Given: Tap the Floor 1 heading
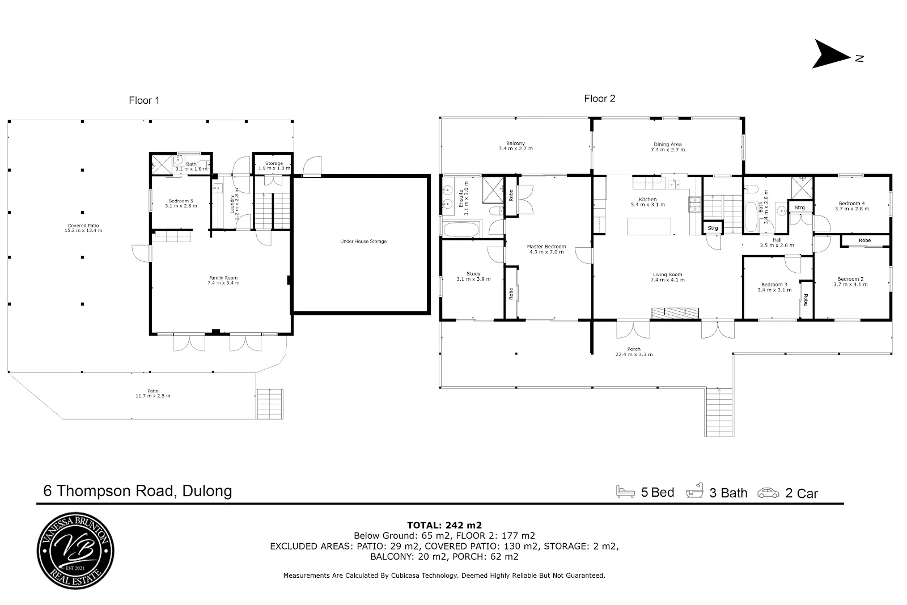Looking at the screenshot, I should pyautogui.click(x=144, y=100).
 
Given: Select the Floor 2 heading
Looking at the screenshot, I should pyautogui.click(x=599, y=99).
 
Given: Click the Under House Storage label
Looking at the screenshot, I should pyautogui.click(x=363, y=242).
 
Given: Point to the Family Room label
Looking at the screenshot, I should pyautogui.click(x=223, y=278).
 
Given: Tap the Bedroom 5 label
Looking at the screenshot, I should pyautogui.click(x=181, y=201).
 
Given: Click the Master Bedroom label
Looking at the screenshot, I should pyautogui.click(x=546, y=247).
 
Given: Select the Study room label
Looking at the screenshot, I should pyautogui.click(x=473, y=274).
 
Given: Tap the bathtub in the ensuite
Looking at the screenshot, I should pyautogui.click(x=461, y=230).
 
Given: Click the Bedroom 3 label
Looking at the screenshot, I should pyautogui.click(x=774, y=285).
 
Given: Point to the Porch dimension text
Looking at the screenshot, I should pyautogui.click(x=634, y=355).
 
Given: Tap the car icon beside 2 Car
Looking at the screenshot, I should pyautogui.click(x=769, y=492).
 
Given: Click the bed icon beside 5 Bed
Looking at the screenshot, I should pyautogui.click(x=626, y=492).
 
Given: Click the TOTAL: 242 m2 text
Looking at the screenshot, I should pyautogui.click(x=444, y=525).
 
